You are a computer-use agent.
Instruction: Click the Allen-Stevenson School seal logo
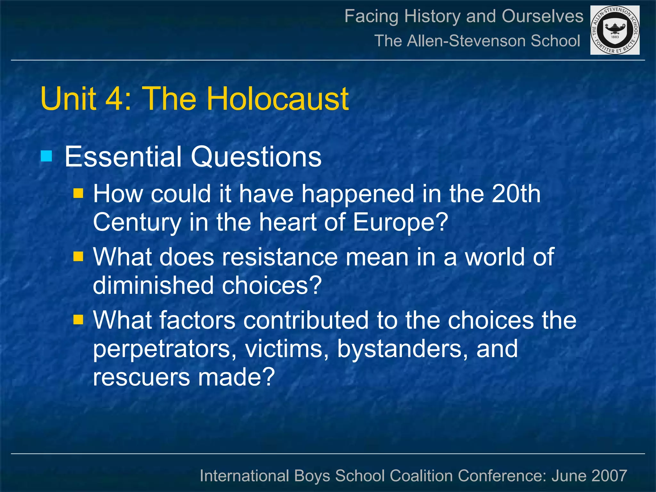tap(615, 30)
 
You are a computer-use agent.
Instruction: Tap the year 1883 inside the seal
tap(615, 37)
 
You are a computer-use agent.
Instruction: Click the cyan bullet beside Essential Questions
tap(46, 156)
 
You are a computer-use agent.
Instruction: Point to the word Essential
tap(123, 157)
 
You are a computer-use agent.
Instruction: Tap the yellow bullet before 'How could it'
tap(78, 193)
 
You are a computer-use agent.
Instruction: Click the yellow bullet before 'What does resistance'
tap(78, 256)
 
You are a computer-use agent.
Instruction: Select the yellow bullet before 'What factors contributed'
tap(78, 319)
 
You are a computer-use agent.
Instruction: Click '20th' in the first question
tap(516, 194)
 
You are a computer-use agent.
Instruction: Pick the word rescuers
tap(141, 377)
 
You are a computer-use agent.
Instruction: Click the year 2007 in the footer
tap(609, 476)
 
